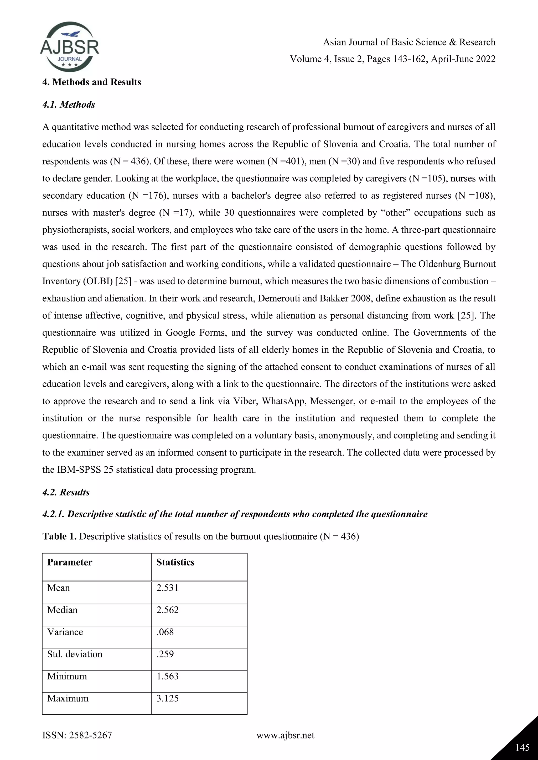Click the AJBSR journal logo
[x=70, y=47]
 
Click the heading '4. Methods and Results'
[x=91, y=82]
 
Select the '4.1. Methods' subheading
[x=69, y=105]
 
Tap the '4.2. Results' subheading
[x=66, y=492]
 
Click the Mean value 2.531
[x=167, y=588]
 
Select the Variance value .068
[x=165, y=632]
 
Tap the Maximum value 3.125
[x=167, y=698]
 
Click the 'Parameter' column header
[x=70, y=562]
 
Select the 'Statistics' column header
[x=175, y=562]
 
